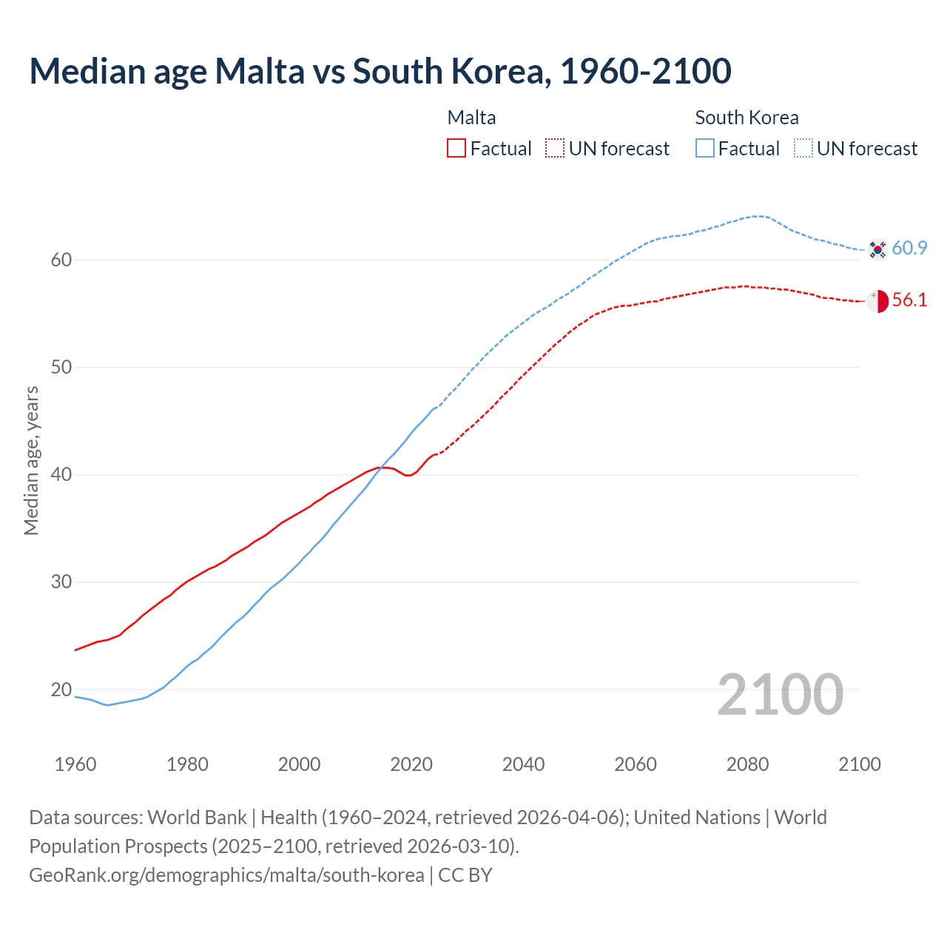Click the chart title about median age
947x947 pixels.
[x=380, y=71]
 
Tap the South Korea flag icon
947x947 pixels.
[x=877, y=249]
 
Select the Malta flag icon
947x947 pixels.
[x=877, y=301]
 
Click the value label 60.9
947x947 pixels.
[x=909, y=249]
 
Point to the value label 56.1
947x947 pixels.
[x=909, y=300]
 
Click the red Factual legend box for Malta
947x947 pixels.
[x=456, y=149]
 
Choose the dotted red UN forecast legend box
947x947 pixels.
[x=555, y=149]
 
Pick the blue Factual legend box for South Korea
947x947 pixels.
[x=705, y=149]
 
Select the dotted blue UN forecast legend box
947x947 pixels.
[x=803, y=149]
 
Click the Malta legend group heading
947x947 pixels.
[x=471, y=118]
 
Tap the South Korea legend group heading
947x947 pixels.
[x=747, y=118]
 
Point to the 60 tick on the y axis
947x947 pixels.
[x=61, y=260]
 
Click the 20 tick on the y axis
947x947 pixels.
[x=61, y=690]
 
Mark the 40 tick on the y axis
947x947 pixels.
[x=61, y=474]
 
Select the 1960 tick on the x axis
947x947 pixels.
[x=75, y=764]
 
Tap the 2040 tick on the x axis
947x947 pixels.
[x=523, y=764]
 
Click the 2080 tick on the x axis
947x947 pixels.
[x=747, y=764]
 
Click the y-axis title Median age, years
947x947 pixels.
[x=31, y=460]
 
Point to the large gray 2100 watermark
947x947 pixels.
[x=780, y=695]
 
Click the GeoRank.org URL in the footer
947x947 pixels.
[x=226, y=875]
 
